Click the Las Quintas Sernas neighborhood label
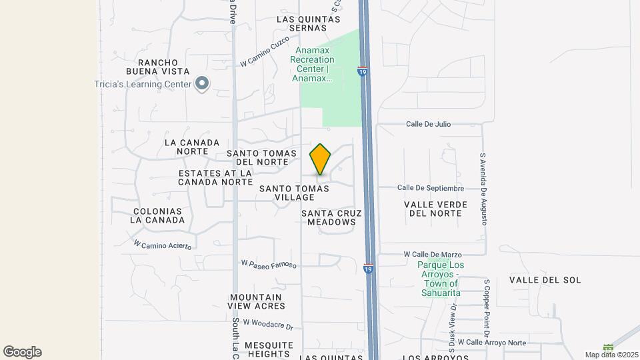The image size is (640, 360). click(311, 24)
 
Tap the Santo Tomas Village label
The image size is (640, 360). click(294, 193)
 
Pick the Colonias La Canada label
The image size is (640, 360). click(157, 215)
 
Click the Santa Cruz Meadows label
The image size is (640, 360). click(331, 217)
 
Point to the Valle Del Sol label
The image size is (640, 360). click(545, 280)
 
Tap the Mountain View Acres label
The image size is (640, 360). click(256, 301)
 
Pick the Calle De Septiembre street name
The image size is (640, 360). click(430, 188)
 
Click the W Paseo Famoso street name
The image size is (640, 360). click(268, 265)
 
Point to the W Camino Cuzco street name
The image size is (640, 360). click(265, 51)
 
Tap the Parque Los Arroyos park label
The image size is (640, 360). click(441, 279)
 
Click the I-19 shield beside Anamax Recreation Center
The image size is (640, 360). click(362, 71)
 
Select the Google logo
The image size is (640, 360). click(22, 352)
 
